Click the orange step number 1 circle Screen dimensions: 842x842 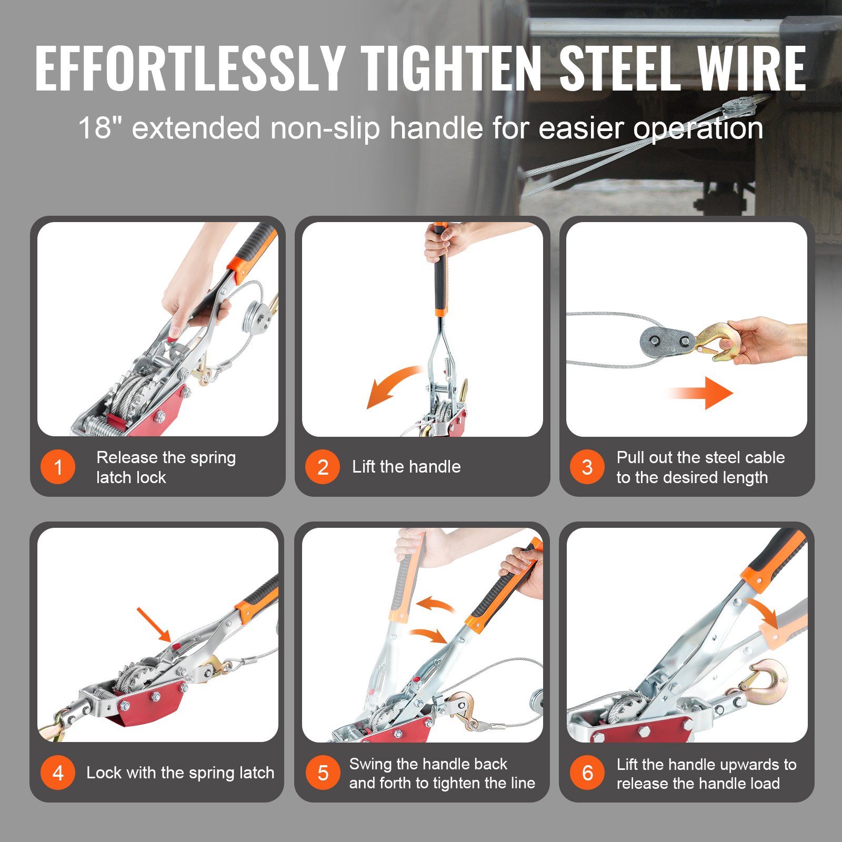pos(58,467)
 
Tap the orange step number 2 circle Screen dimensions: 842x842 pos(323,467)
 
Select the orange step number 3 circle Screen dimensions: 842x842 pos(587,467)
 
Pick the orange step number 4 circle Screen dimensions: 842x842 pos(58,773)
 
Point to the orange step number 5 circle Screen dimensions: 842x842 pos(323,773)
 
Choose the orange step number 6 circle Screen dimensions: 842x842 pos(587,773)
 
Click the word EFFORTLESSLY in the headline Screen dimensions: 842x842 pos(190,68)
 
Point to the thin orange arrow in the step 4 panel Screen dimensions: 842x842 pos(154,625)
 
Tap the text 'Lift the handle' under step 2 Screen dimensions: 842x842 pos(406,467)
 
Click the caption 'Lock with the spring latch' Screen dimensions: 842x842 pos(181,773)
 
